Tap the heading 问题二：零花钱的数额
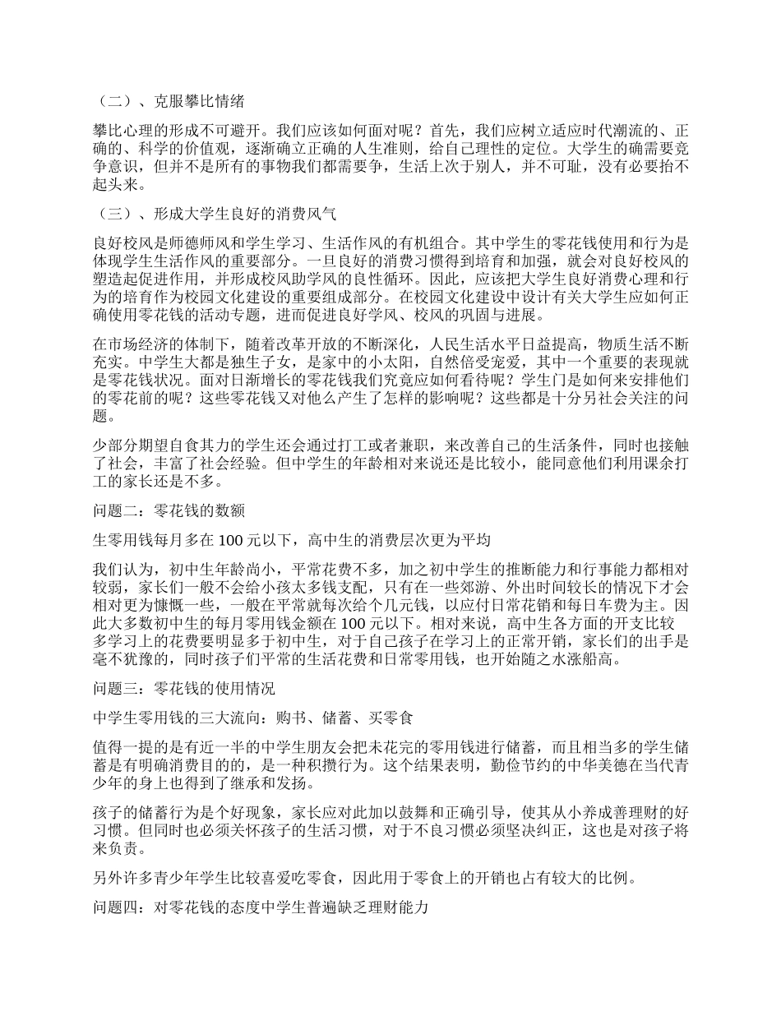[169, 510]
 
